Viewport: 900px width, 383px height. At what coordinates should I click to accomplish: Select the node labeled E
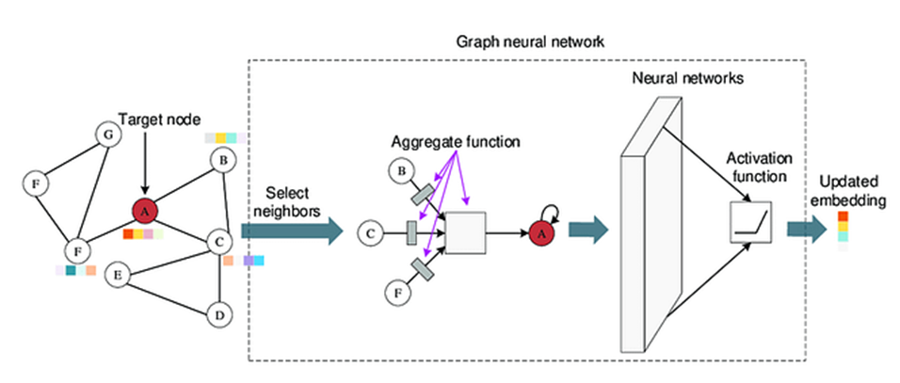[118, 276]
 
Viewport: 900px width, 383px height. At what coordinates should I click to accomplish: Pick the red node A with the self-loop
[540, 231]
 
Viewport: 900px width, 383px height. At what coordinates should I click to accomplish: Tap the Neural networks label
[688, 80]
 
